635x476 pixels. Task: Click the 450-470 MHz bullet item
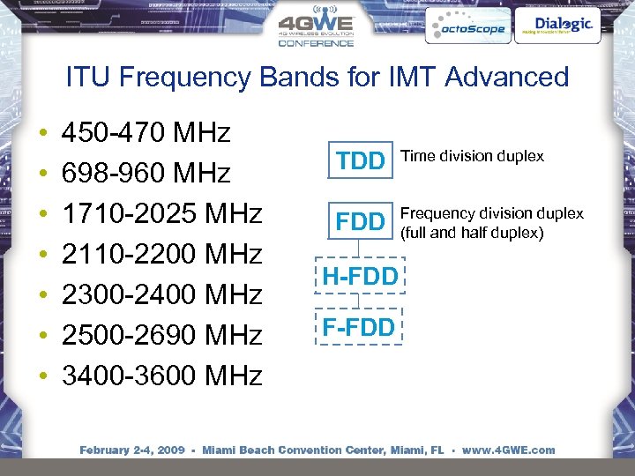[146, 134]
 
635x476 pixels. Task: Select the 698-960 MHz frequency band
[146, 174]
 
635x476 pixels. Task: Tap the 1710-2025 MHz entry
[161, 214]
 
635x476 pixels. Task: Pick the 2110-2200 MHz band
[161, 255]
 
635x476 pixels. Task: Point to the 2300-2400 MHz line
[161, 295]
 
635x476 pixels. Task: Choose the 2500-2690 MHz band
[161, 336]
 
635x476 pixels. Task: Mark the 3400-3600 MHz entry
[161, 376]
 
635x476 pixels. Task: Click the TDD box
[362, 160]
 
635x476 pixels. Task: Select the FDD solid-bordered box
[362, 222]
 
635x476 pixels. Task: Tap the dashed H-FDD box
[360, 276]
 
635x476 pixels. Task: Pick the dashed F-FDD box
[358, 328]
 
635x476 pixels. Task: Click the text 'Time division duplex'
[472, 156]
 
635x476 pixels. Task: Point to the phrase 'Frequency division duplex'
[492, 213]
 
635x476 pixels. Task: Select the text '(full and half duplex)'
[473, 233]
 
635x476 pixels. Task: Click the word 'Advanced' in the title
[507, 77]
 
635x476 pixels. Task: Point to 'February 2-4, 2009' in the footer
[132, 450]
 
